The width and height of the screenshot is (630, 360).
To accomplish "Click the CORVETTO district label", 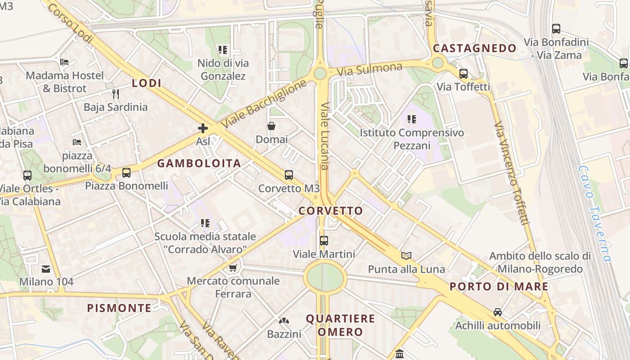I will pyautogui.click(x=331, y=211).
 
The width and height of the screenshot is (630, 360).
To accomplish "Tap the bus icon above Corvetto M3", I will pyautogui.click(x=289, y=175).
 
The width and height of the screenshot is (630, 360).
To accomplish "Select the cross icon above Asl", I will pyautogui.click(x=203, y=128).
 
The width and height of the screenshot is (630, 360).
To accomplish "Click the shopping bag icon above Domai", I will pyautogui.click(x=271, y=126).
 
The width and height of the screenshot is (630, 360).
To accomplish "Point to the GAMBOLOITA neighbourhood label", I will pyautogui.click(x=199, y=163).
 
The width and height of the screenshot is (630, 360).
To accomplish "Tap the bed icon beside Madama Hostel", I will pyautogui.click(x=65, y=62).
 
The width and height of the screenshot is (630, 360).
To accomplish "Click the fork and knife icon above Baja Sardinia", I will pyautogui.click(x=116, y=94).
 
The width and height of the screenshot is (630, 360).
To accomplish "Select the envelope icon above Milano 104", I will pyautogui.click(x=46, y=269).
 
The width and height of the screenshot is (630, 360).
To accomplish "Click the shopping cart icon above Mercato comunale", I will pyautogui.click(x=233, y=268).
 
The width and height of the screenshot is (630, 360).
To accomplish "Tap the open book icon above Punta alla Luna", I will pyautogui.click(x=406, y=256).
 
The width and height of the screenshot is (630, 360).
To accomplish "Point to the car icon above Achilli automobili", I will pyautogui.click(x=498, y=312).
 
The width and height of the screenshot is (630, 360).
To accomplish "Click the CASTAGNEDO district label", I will pyautogui.click(x=475, y=48).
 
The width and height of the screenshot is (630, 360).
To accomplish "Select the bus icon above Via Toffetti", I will pyautogui.click(x=463, y=73).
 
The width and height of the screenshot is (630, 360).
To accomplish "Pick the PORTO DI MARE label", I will pyautogui.click(x=499, y=287).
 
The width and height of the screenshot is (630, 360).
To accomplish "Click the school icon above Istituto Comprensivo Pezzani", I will pyautogui.click(x=412, y=119).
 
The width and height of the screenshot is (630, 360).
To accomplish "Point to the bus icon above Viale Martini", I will pyautogui.click(x=324, y=240).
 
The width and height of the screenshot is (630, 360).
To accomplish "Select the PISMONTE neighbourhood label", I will pyautogui.click(x=119, y=308).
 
